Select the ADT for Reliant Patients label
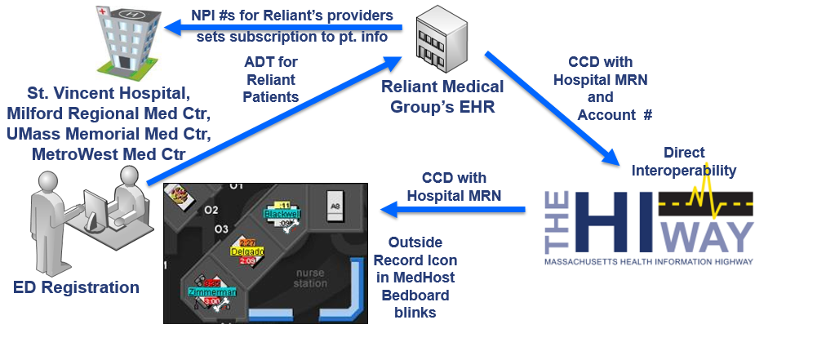point(270,80)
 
